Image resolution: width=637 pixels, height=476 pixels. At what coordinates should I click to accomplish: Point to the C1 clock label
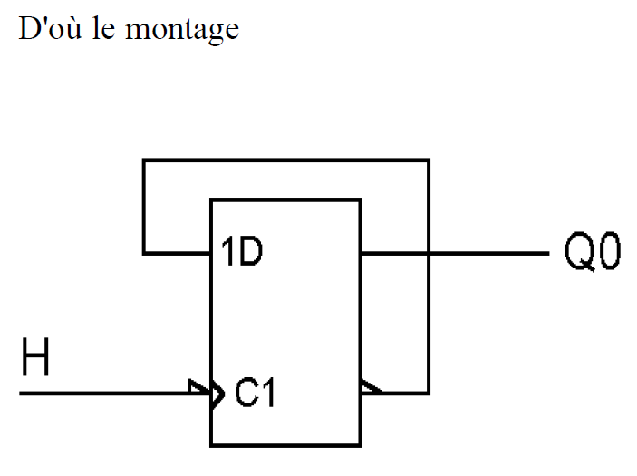coord(255,393)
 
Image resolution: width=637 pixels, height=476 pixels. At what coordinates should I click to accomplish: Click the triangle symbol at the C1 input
coord(214,393)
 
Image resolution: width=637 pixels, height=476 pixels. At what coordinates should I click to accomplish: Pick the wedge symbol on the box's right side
coord(368,389)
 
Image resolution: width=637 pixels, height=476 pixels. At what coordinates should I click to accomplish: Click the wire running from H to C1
coord(109,393)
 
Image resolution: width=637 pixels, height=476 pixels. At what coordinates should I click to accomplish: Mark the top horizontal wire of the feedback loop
coord(285,161)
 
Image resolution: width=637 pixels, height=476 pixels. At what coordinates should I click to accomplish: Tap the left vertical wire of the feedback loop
coord(143,207)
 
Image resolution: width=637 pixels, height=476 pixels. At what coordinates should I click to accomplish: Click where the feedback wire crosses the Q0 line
coord(428,253)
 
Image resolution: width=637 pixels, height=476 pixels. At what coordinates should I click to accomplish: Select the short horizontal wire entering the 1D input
coord(177,253)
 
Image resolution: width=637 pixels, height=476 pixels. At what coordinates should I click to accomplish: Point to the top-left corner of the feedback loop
coord(143,161)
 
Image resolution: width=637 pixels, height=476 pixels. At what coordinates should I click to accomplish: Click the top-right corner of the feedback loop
coord(428,161)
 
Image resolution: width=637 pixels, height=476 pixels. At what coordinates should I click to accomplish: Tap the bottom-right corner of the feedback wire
coord(428,393)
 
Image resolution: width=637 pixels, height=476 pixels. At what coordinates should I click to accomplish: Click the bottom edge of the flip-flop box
coord(285,445)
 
